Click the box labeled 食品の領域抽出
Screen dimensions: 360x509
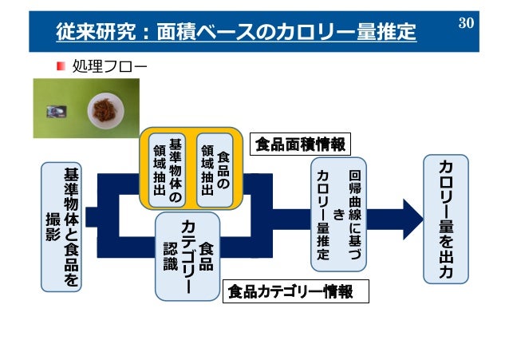pyautogui.click(x=214, y=168)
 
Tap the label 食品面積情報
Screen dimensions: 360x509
pyautogui.click(x=300, y=144)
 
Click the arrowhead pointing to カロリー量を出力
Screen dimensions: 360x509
pyautogui.click(x=412, y=219)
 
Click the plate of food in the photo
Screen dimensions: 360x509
pyautogui.click(x=105, y=106)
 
